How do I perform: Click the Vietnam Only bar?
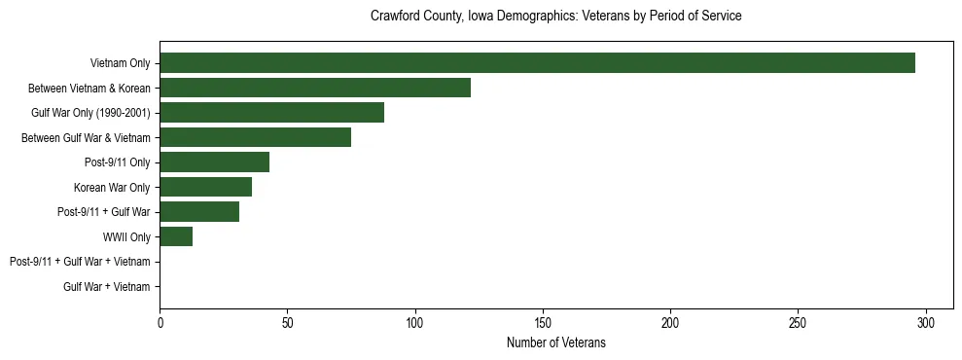[x=537, y=63]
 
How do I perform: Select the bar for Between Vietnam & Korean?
[x=315, y=88]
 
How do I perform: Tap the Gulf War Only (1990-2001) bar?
[x=271, y=113]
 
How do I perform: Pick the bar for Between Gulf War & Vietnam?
[x=255, y=137]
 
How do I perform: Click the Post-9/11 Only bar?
[x=214, y=162]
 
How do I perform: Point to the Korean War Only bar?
[x=205, y=187]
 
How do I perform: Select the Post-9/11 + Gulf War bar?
[x=199, y=212]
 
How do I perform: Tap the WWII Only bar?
[x=176, y=236]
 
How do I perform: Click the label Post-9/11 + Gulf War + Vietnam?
[x=80, y=262]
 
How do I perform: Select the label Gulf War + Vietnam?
[x=107, y=287]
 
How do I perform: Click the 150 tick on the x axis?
[x=543, y=322]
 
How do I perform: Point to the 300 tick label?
[x=926, y=322]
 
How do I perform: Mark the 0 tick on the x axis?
[x=160, y=322]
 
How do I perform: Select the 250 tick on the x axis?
[x=799, y=322]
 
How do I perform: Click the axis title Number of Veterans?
[x=556, y=342]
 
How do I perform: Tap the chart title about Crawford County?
[x=556, y=17]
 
